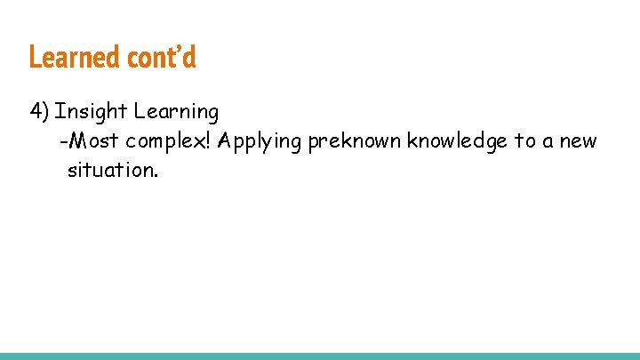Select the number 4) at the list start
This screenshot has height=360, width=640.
[x=39, y=112]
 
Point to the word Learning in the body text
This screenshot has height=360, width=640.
[x=176, y=113]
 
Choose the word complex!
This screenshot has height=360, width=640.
[x=168, y=141]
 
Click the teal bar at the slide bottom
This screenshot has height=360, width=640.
[x=320, y=356]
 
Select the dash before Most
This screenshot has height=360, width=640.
[x=62, y=141]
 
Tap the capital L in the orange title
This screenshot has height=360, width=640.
[x=35, y=57]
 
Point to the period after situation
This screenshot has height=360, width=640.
[x=156, y=174]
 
